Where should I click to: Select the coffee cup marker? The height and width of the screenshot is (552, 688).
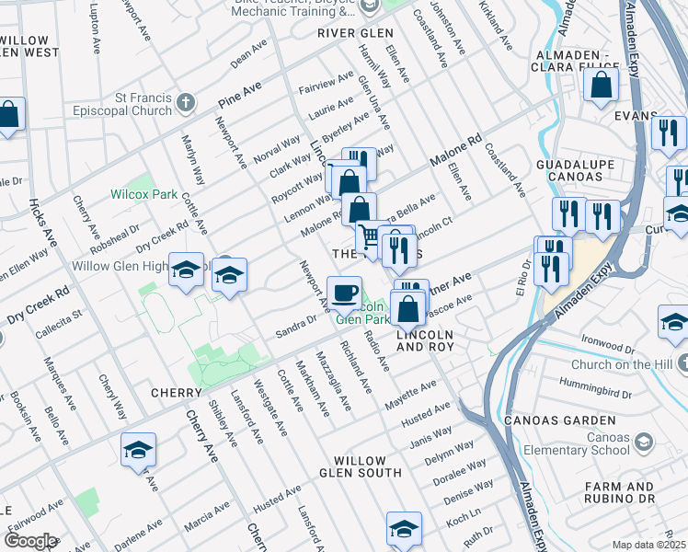[344, 293]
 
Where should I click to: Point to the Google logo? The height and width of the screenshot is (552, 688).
[29, 540]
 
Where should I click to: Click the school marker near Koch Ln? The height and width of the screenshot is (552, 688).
[403, 528]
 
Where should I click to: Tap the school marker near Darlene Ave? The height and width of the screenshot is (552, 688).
[138, 450]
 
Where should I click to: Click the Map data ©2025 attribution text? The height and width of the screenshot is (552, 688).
[648, 545]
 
